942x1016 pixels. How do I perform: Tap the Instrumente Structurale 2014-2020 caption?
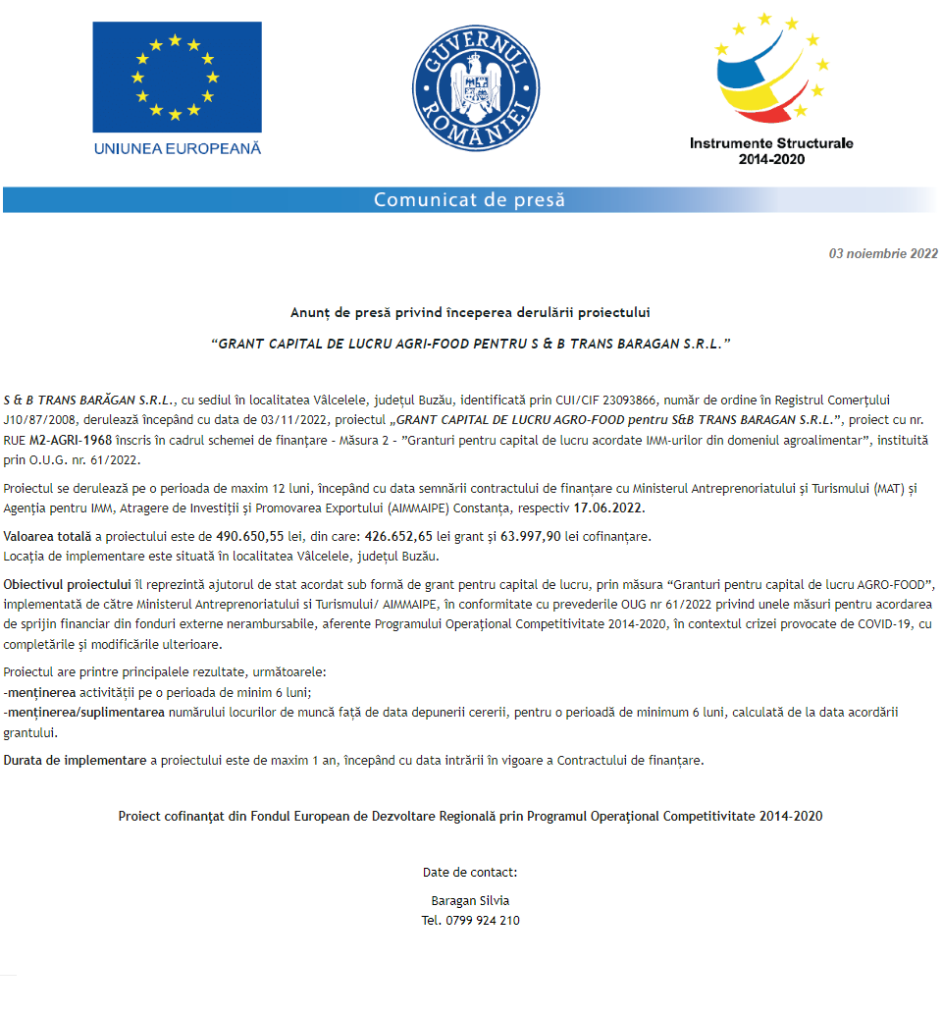click(x=771, y=150)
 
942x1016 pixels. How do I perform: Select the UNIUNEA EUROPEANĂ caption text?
click(x=178, y=148)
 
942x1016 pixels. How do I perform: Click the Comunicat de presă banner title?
click(x=469, y=200)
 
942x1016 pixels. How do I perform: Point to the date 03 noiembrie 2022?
click(x=883, y=253)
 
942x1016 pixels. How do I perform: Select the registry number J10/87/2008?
click(x=39, y=420)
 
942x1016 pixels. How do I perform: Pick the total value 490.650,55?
click(x=249, y=536)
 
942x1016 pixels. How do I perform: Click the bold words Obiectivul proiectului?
click(x=67, y=585)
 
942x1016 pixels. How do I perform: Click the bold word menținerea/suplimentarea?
click(x=84, y=712)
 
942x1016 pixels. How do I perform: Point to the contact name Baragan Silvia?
click(x=470, y=900)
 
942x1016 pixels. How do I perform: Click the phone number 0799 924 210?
click(x=483, y=921)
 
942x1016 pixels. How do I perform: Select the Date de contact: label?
click(x=470, y=872)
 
